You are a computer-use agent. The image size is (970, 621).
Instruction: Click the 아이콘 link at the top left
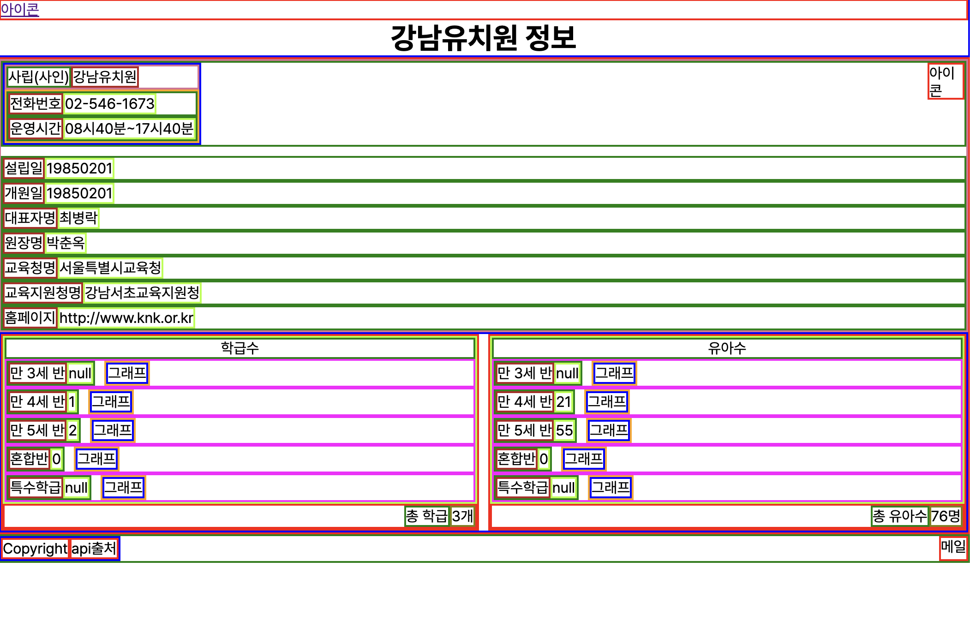(x=20, y=10)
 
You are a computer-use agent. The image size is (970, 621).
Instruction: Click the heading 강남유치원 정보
(x=483, y=38)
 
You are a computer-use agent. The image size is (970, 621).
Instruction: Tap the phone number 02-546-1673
(x=109, y=104)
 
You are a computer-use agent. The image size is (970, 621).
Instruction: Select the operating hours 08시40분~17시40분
(x=129, y=129)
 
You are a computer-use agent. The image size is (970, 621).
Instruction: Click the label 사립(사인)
(x=38, y=77)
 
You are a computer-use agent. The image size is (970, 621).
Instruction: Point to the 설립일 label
(x=24, y=168)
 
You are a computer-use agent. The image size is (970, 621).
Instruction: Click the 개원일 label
(x=24, y=193)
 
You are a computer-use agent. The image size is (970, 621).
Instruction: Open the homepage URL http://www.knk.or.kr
(x=126, y=318)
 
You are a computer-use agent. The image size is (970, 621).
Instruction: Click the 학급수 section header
(x=240, y=348)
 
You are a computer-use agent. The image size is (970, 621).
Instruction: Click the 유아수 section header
(x=727, y=348)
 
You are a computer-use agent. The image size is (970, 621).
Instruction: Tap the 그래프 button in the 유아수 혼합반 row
(x=584, y=459)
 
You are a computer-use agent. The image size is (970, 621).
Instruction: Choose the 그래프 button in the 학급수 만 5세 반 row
(x=113, y=430)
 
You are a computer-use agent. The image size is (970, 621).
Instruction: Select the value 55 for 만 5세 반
(x=564, y=430)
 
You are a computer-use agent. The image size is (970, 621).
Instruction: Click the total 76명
(x=945, y=516)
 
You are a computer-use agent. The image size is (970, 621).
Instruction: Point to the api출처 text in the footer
(x=94, y=549)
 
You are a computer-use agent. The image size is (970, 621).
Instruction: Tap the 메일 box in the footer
(x=953, y=547)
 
